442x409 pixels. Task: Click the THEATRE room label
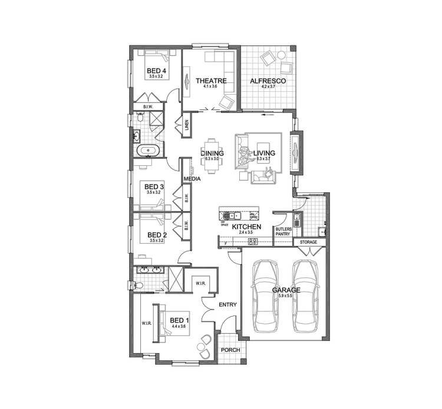click(x=211, y=81)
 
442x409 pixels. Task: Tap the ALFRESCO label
click(x=268, y=81)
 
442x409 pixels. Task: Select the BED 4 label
click(x=156, y=71)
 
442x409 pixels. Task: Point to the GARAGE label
click(x=286, y=290)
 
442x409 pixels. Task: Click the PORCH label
click(x=229, y=350)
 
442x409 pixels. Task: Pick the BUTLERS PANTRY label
click(x=283, y=231)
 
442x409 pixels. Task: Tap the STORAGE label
click(x=308, y=242)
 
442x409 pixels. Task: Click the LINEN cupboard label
click(x=186, y=124)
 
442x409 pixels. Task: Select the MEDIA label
click(x=192, y=179)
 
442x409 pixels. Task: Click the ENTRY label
click(x=227, y=305)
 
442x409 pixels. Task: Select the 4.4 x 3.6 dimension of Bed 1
click(x=179, y=326)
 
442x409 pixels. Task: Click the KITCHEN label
click(x=246, y=227)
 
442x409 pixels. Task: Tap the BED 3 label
click(x=154, y=187)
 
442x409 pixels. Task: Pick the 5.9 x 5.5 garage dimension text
click(x=287, y=296)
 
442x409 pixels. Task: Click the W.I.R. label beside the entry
click(x=200, y=284)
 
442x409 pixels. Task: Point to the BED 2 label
click(x=157, y=234)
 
